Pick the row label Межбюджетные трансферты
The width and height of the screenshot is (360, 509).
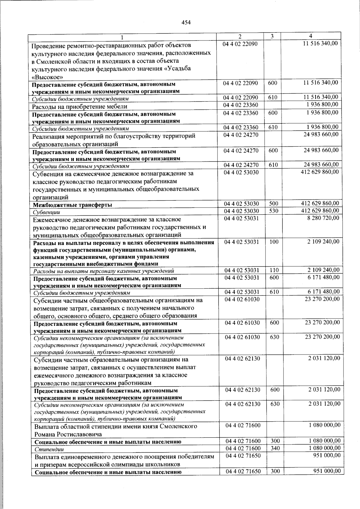[73, 205]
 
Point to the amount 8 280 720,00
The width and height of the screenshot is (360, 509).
[323, 218]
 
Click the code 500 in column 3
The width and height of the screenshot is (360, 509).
[273, 204]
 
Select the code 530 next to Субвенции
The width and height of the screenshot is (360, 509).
[273, 211]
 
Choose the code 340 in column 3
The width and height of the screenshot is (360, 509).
[275, 448]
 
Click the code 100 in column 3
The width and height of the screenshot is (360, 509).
[274, 242]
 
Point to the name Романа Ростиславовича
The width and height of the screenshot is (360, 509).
[68, 434]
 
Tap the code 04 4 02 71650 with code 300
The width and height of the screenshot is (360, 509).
[243, 471]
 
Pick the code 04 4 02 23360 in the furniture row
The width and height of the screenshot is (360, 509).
[241, 105]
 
